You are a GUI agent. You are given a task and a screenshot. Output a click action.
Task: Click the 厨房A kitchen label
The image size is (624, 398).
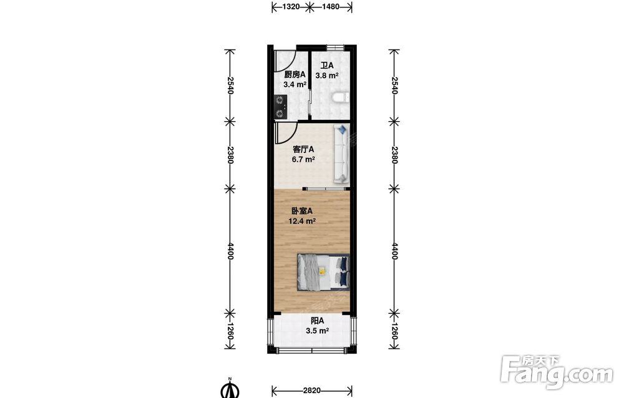(295, 74)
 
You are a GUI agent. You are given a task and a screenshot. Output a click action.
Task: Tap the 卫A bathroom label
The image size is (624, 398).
(327, 66)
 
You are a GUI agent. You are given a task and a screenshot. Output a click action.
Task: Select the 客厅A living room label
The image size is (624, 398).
(303, 149)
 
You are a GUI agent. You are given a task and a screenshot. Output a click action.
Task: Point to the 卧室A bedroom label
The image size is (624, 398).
(302, 211)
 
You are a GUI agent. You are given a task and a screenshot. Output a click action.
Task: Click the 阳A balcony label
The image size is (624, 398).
(317, 321)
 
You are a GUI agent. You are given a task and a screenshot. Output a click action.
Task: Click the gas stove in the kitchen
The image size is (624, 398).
(281, 107)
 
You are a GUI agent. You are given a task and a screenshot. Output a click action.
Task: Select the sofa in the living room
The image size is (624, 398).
(342, 154)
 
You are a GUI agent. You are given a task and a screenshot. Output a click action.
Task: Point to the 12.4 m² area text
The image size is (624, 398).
(302, 221)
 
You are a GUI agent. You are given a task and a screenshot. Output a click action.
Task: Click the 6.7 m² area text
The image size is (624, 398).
(303, 159)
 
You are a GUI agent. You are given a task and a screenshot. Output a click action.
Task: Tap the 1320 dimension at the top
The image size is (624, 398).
(291, 6)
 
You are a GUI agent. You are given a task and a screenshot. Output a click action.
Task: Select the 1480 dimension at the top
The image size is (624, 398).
(330, 6)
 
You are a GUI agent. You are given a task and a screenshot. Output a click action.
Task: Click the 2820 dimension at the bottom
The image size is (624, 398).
(311, 391)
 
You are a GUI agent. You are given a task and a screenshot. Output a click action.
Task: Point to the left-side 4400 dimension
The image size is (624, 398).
(230, 251)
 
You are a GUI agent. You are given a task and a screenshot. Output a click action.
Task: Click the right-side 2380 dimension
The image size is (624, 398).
(394, 155)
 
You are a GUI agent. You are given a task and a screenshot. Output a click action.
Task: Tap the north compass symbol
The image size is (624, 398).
(230, 389)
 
